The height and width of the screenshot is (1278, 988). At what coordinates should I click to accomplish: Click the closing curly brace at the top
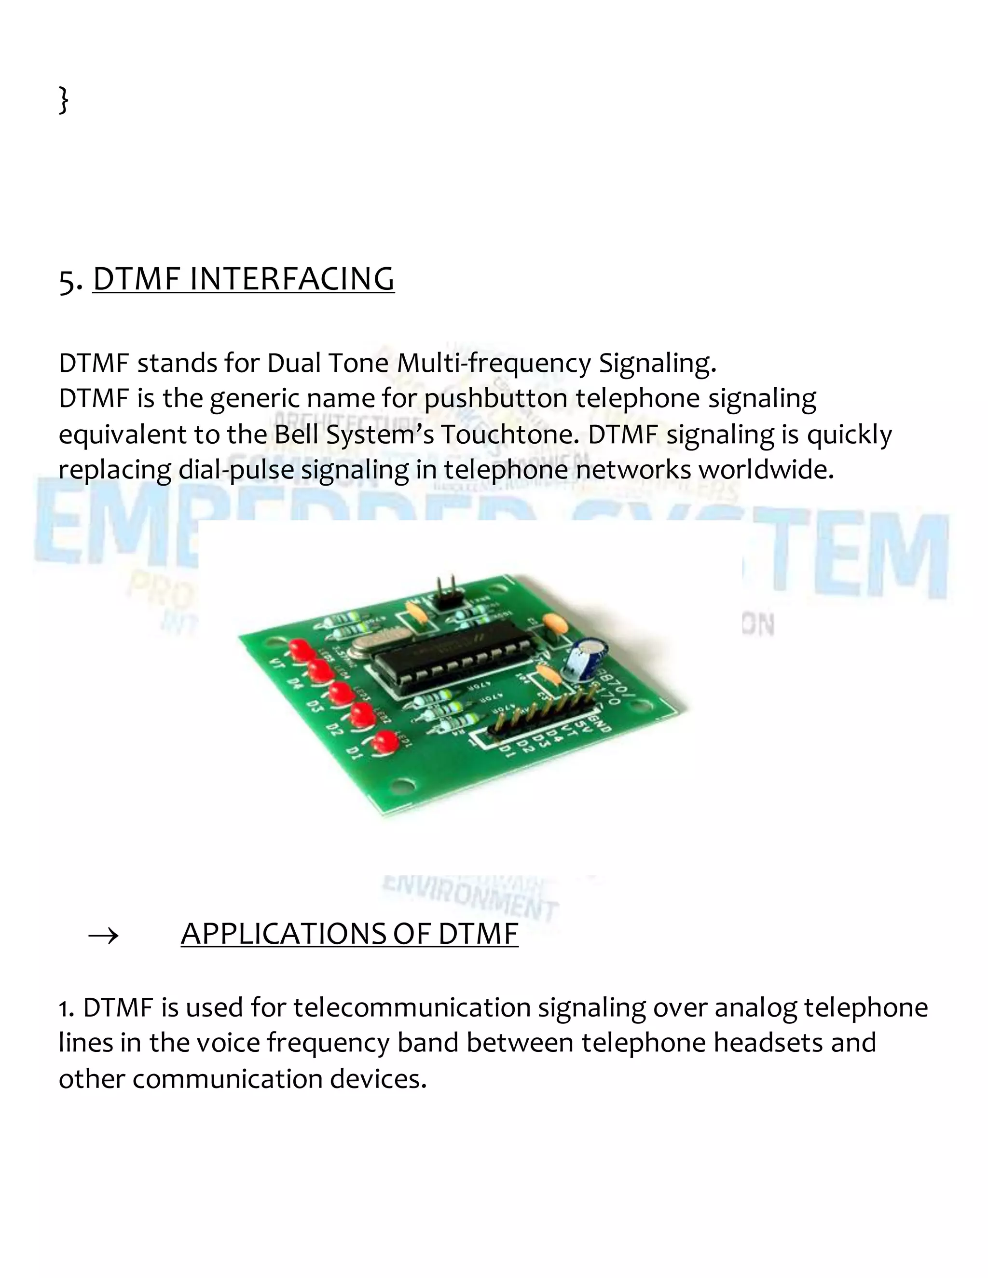click(x=64, y=99)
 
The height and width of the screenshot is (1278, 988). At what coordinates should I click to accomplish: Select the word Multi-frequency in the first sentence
click(x=494, y=364)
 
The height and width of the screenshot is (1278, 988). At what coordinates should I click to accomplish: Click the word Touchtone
click(x=510, y=435)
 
